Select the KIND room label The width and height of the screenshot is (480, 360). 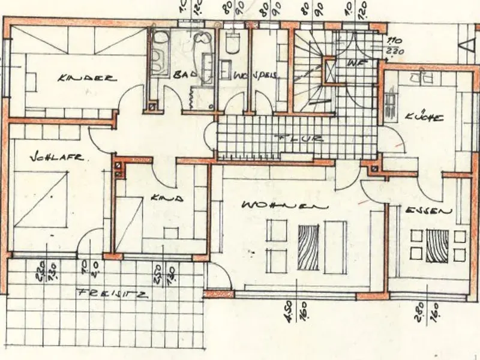(163, 197)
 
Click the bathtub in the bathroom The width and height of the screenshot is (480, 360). (160, 54)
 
